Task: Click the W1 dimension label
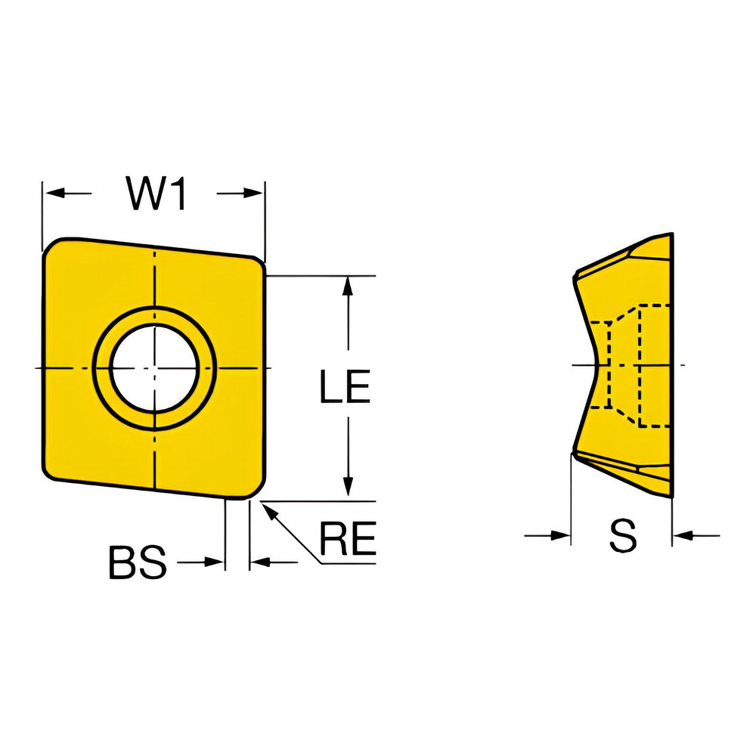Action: [155, 196]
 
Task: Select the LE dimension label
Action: [344, 389]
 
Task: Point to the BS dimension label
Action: [137, 563]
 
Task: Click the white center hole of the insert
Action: [154, 368]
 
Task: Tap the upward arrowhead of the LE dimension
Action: [348, 285]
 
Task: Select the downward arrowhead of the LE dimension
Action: [348, 490]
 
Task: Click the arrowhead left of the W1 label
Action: [51, 194]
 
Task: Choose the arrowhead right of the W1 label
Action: [256, 194]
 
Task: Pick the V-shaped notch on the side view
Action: [597, 365]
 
